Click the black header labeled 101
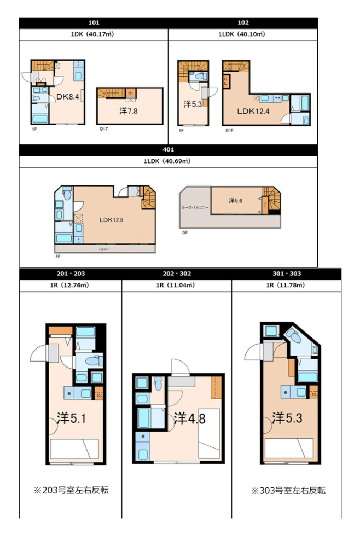pos(94,22)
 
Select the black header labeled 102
pos(243,22)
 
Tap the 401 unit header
pos(168,148)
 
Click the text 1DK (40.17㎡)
pos(94,34)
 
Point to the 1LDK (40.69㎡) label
pos(168,161)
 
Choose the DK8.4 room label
pos(68,97)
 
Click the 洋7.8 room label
pos(129,110)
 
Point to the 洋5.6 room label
pos(236,201)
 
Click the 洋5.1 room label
pos(71,418)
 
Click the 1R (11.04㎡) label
pos(176,285)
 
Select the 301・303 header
pos(286,273)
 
